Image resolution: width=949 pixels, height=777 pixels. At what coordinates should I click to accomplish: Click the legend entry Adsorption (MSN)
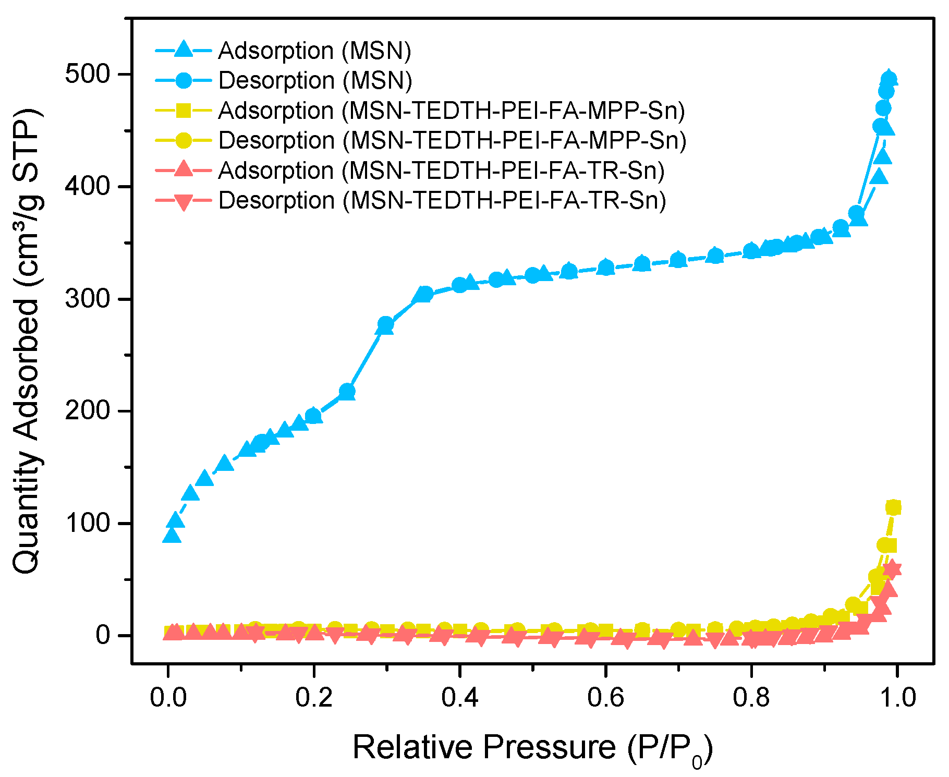(x=314, y=51)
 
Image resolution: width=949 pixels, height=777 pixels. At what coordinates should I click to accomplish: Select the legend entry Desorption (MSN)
(x=315, y=80)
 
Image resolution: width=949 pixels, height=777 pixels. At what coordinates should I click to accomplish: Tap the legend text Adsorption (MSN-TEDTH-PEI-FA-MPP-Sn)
(x=451, y=111)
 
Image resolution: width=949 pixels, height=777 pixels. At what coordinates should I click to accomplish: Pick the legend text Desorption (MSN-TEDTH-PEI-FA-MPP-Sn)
(x=452, y=140)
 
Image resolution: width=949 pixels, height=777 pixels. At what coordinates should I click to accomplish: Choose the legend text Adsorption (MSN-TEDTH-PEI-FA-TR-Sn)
(x=441, y=171)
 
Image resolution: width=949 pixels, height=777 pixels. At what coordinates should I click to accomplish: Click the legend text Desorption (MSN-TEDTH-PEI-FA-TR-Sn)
(x=442, y=200)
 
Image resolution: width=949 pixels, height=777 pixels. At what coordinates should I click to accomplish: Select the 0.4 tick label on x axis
(x=459, y=698)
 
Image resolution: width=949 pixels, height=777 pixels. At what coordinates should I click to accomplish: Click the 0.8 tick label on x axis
(x=751, y=698)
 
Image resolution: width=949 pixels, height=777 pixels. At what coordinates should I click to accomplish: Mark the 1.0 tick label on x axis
(x=897, y=698)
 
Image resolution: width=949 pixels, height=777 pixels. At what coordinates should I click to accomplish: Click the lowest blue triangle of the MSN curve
(x=172, y=536)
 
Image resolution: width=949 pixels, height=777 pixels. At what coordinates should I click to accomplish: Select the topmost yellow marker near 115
(x=893, y=507)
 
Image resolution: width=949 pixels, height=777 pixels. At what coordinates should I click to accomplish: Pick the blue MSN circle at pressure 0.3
(x=385, y=325)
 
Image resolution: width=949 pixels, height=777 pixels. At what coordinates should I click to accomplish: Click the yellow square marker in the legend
(x=183, y=111)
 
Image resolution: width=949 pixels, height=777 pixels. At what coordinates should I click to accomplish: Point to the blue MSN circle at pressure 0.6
(x=605, y=268)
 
